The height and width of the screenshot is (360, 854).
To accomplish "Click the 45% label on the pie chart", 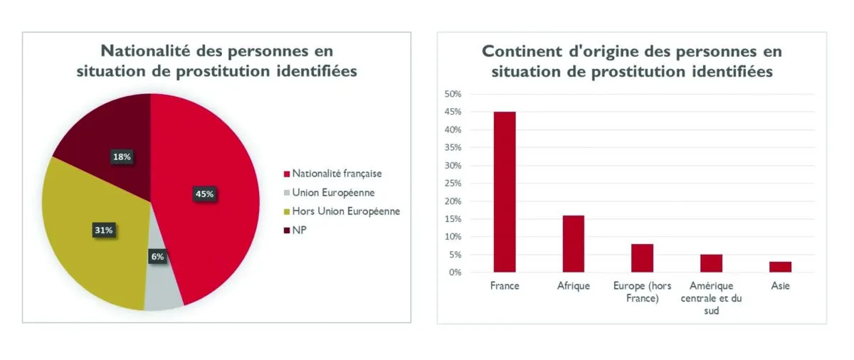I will point(205,194).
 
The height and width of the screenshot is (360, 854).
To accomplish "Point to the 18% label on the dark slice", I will point(122,157).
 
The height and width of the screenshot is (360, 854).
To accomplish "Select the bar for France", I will point(505,191).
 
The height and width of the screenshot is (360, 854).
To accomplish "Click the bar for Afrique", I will point(573,243).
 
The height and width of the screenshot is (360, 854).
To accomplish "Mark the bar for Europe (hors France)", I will point(642,258).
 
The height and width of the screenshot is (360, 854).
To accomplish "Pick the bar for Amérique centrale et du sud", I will point(711,263).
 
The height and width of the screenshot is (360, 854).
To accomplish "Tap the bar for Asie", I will point(780,267).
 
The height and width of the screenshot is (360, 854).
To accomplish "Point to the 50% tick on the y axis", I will point(453,95).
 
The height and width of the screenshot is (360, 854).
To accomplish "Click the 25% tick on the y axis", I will point(453,184).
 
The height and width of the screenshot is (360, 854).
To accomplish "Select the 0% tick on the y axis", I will point(455,272).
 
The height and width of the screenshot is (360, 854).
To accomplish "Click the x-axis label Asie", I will point(780,287).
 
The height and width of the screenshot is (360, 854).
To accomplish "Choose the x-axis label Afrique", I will point(574,287).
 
